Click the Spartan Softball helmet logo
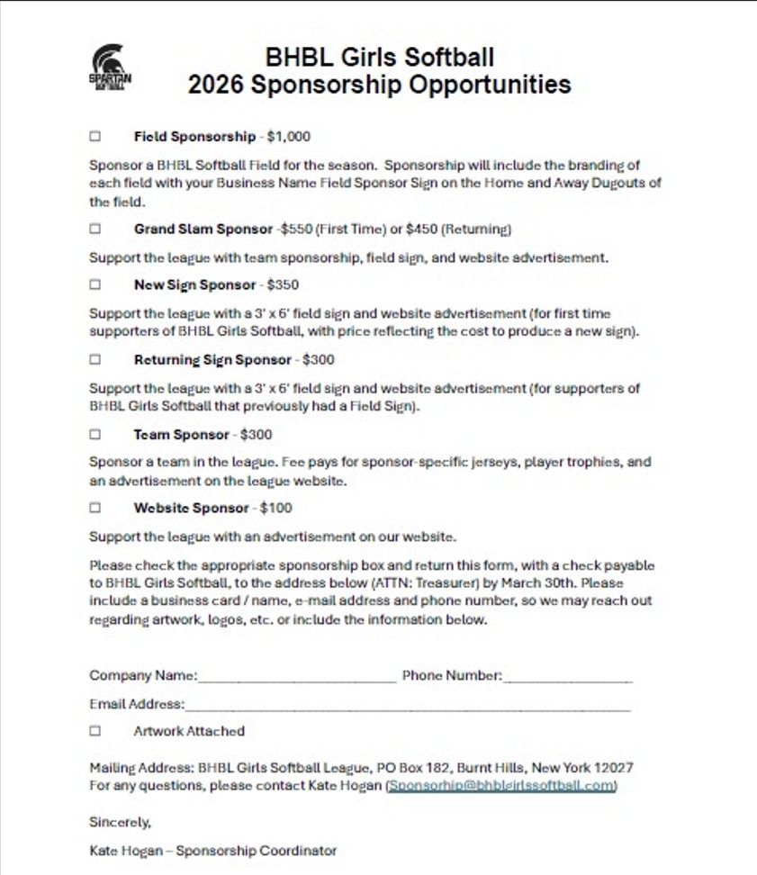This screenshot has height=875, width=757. (111, 69)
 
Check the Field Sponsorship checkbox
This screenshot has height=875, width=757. (95, 137)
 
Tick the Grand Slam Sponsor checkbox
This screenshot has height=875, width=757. (95, 229)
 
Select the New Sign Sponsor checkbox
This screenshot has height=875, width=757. (95, 284)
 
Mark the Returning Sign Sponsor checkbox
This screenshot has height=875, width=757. (95, 359)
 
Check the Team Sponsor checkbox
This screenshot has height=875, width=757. (95, 434)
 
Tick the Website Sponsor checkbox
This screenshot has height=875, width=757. (95, 508)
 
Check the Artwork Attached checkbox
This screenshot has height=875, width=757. (95, 731)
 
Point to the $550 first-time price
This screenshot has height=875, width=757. (294, 229)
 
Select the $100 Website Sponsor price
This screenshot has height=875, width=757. (275, 508)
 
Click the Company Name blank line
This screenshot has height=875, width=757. (297, 677)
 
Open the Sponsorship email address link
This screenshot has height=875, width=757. (501, 786)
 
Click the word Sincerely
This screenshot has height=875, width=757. (121, 822)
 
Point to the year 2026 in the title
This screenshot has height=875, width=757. (216, 85)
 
